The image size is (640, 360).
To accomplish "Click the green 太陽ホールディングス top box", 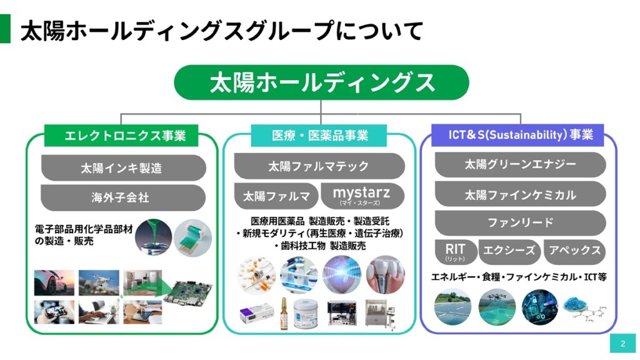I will click(321, 82).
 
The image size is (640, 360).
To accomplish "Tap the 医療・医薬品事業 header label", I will click(320, 135).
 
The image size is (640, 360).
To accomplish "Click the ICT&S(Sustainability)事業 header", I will click(521, 133).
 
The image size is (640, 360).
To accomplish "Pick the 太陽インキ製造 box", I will click(123, 167).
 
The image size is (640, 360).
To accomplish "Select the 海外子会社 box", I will click(123, 197).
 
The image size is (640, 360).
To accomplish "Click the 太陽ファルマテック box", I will click(319, 166).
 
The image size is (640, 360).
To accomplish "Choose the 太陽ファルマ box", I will click(276, 196).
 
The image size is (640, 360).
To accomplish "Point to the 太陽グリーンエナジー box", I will click(520, 164).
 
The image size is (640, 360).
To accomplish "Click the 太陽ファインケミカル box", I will click(520, 194).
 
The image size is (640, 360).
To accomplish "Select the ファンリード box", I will click(520, 222).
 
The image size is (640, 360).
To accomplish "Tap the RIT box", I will click(455, 251).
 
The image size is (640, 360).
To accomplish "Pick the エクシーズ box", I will click(509, 251).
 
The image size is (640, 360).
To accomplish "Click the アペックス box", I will click(574, 251).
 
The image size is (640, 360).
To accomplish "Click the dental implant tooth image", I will click(384, 275).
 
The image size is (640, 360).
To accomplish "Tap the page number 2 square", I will click(622, 343).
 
